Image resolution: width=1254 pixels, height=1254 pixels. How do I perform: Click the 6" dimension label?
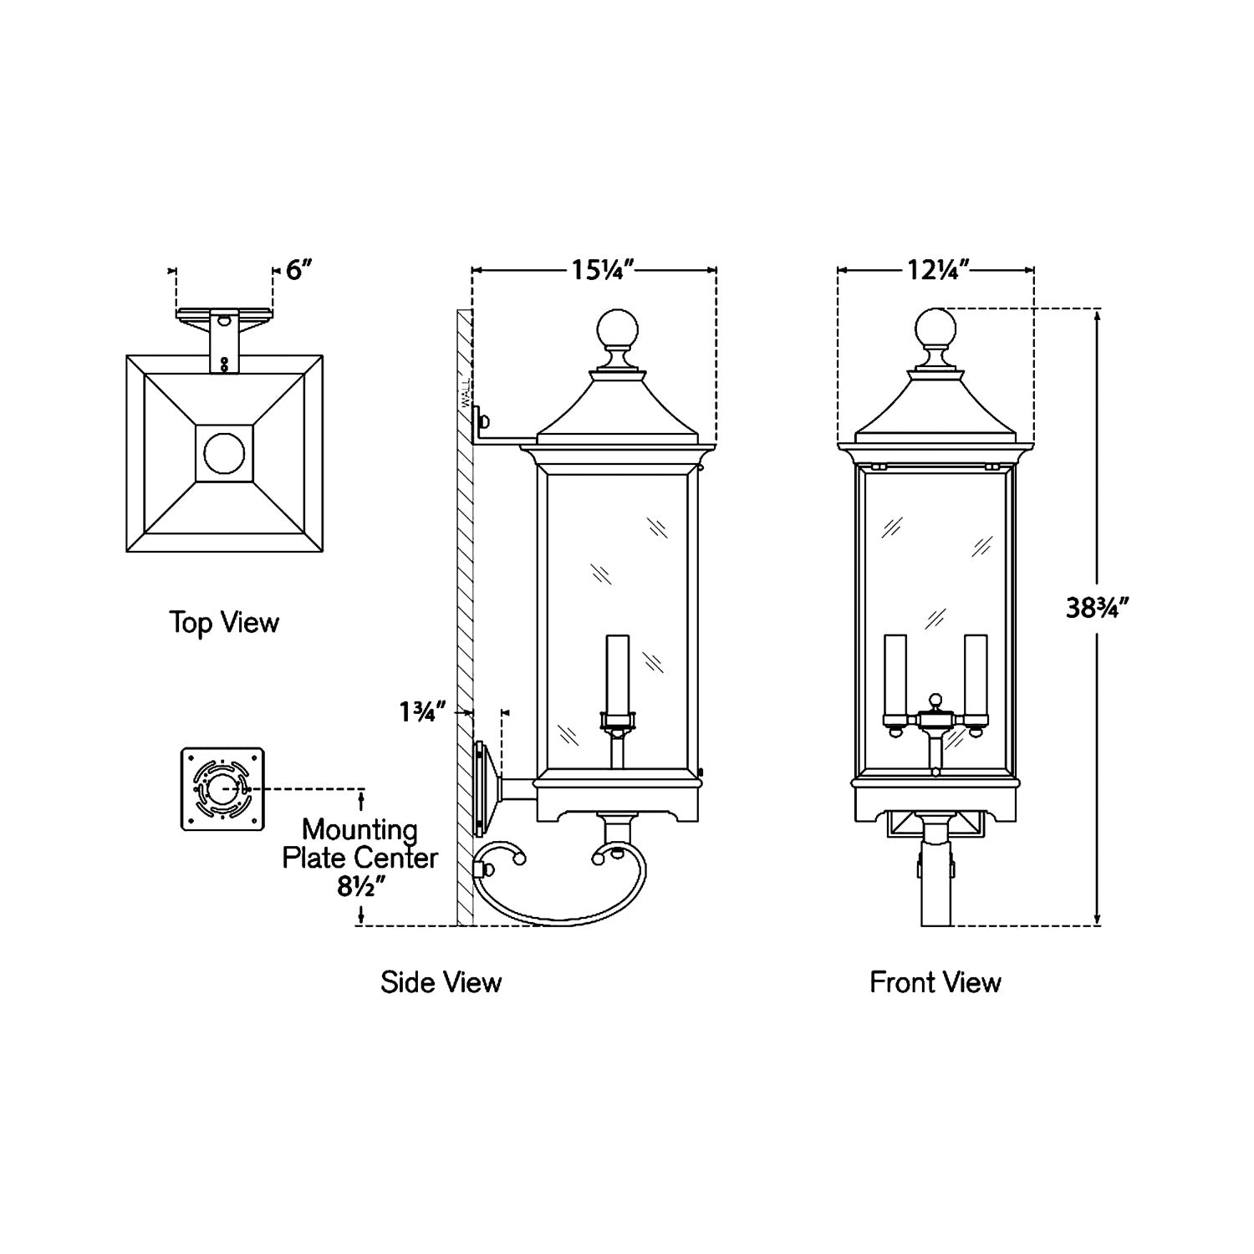coord(299,271)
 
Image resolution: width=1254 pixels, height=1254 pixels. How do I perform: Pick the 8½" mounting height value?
coord(360,887)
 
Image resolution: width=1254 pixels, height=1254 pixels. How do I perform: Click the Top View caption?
coord(224,623)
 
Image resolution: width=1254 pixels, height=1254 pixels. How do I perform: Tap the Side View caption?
coord(441,981)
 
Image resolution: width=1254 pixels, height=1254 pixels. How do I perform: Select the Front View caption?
coord(935,981)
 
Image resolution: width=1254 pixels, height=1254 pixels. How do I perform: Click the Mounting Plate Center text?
coord(359,844)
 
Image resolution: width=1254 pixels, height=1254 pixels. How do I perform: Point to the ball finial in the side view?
coord(617,329)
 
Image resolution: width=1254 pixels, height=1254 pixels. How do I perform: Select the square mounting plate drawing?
coord(222,789)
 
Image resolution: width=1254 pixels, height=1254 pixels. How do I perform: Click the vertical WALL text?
coord(466,390)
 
